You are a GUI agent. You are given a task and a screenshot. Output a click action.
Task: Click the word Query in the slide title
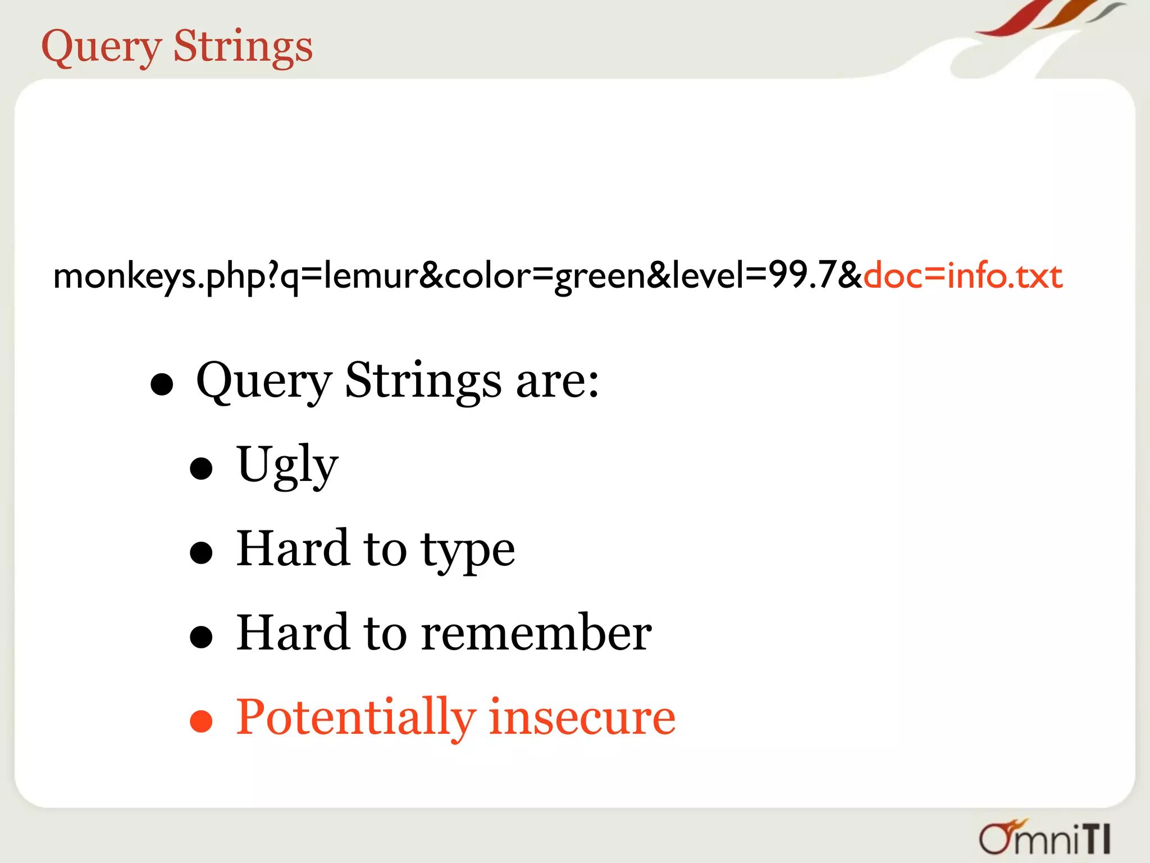pos(101,47)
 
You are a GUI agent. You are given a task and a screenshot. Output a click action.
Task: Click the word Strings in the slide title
pos(243,47)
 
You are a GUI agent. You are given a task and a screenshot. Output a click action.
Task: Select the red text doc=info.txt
pos(962,276)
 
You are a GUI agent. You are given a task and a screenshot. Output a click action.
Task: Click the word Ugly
pos(287,466)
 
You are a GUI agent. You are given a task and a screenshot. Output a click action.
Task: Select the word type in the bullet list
pos(468,551)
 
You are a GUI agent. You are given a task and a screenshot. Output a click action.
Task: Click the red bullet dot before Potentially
pos(201,721)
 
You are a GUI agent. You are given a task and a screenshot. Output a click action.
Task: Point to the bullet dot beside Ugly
pos(201,469)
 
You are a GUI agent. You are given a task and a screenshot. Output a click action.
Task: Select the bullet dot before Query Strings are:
pos(162,384)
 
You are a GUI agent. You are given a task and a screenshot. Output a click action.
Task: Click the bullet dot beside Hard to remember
pos(201,637)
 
